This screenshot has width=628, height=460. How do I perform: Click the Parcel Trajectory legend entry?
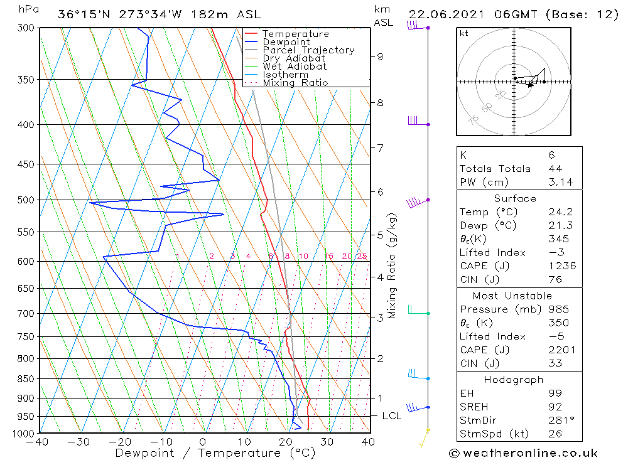pos(308,50)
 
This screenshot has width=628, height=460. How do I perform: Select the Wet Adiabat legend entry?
pos(295,67)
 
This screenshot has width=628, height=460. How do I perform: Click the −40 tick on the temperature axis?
pos(38,442)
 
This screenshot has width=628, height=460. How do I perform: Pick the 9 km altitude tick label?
pos(380,56)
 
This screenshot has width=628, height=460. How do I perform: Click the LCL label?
pos(391,416)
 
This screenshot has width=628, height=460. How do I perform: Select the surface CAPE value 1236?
pos(561,266)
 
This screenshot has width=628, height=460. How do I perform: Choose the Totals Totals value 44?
pos(555,169)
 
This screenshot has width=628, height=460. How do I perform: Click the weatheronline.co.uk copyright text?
pos(523,453)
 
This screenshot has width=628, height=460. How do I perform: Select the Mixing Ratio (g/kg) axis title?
pos(392,266)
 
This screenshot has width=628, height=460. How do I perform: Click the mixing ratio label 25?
pos(362,256)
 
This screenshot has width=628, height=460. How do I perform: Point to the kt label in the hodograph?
pos(463,33)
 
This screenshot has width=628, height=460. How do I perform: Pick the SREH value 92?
pos(555,407)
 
